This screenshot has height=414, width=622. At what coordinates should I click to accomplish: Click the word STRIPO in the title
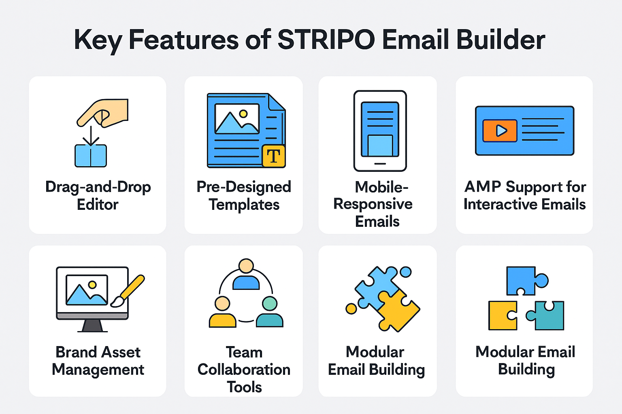[x=326, y=39]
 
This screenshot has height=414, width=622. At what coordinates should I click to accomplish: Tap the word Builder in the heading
[x=501, y=39]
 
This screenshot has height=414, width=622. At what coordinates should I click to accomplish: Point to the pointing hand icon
[x=102, y=113]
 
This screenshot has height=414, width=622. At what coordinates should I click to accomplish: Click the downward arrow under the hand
[x=91, y=136]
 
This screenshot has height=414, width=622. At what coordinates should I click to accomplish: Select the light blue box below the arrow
[x=91, y=156]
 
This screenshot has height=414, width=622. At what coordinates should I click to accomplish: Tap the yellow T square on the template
[x=273, y=156]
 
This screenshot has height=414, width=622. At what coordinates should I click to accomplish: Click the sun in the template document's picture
[x=243, y=114]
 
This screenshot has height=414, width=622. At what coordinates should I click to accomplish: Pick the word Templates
[x=244, y=205]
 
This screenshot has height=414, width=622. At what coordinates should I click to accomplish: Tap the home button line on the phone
[x=380, y=164]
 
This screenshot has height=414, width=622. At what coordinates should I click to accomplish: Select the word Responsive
[x=373, y=204]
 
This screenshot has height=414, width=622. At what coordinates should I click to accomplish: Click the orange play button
[x=500, y=131]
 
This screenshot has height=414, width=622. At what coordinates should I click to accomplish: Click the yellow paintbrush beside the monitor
[x=128, y=291]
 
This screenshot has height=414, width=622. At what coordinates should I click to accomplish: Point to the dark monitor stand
[x=92, y=326]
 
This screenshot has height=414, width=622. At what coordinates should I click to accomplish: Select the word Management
[x=98, y=370]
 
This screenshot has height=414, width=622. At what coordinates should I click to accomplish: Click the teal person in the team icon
[x=270, y=312]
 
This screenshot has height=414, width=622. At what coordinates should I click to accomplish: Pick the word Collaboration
[x=244, y=370]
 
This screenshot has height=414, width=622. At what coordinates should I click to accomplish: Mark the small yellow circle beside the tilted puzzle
[x=351, y=308]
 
